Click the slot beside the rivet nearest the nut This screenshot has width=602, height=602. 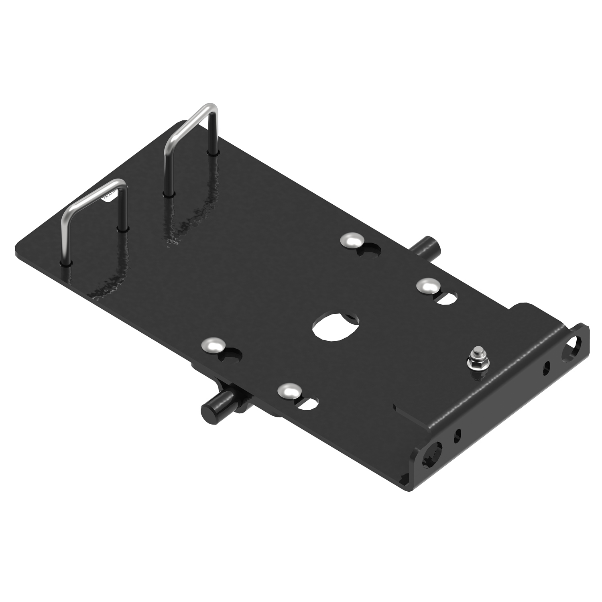[x=446, y=297]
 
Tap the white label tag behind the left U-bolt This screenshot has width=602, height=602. [x=111, y=195]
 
